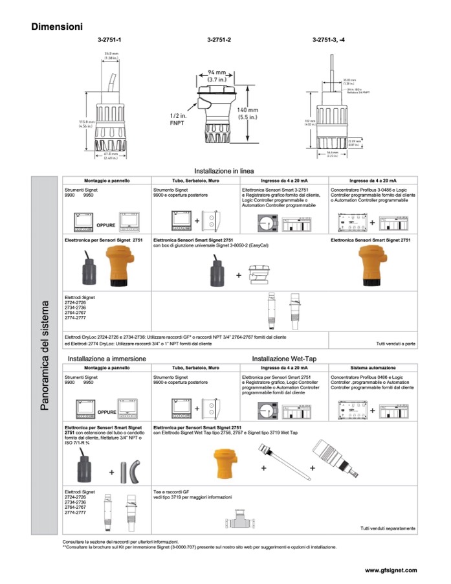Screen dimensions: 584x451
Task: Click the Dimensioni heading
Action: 57,27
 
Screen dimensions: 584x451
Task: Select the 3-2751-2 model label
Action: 219,40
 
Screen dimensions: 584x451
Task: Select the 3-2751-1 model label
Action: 109,40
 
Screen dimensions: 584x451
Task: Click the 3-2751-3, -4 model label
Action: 329,40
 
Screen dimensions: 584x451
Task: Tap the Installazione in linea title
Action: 224,170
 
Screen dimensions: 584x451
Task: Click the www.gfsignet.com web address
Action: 391,570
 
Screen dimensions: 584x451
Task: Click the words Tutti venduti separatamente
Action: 388,528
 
